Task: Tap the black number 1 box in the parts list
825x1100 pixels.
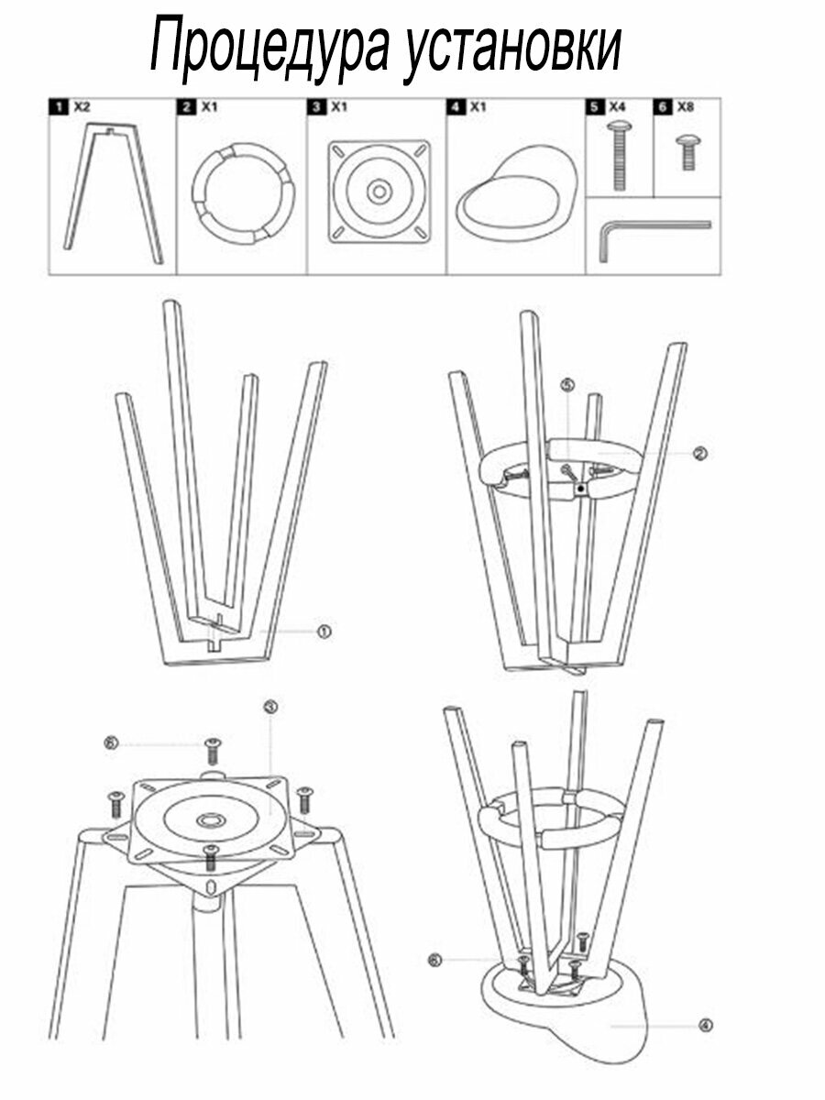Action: (x=59, y=107)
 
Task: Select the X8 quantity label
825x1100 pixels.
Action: (x=686, y=106)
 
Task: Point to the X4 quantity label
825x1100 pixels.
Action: (x=617, y=106)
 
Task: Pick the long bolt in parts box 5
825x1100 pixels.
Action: (x=619, y=154)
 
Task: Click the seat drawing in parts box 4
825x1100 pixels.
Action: (x=516, y=198)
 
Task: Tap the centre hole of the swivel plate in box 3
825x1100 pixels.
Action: (x=379, y=192)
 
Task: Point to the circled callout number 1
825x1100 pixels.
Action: (x=324, y=632)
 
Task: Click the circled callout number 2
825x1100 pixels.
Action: (x=700, y=453)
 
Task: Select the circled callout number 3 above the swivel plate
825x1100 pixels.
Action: (x=270, y=707)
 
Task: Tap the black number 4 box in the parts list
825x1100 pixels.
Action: (x=456, y=107)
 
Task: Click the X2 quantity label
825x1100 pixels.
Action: (x=82, y=106)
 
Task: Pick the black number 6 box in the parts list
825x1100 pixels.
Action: (x=663, y=107)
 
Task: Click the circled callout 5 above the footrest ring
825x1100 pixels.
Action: (x=567, y=385)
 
